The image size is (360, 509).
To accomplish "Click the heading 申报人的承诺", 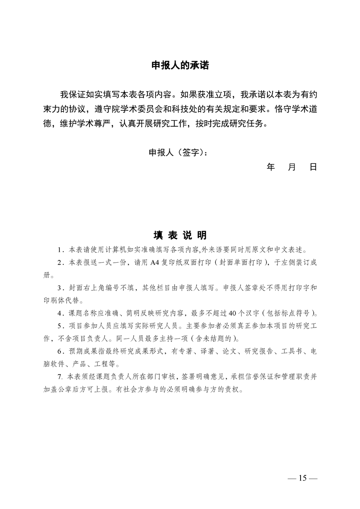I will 180,65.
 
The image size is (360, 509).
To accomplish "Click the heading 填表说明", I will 180,235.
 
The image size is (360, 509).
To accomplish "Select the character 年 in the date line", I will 271,167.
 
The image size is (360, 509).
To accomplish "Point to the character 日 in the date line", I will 313,167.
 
